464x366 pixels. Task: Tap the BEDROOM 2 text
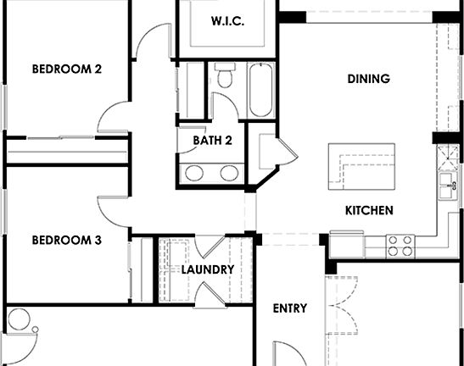67,69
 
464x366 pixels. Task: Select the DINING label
368,80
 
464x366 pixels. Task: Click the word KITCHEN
369,210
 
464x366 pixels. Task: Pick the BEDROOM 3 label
67,241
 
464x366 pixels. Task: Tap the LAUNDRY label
208,269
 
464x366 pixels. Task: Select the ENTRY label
290,308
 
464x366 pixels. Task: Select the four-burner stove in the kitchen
400,245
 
